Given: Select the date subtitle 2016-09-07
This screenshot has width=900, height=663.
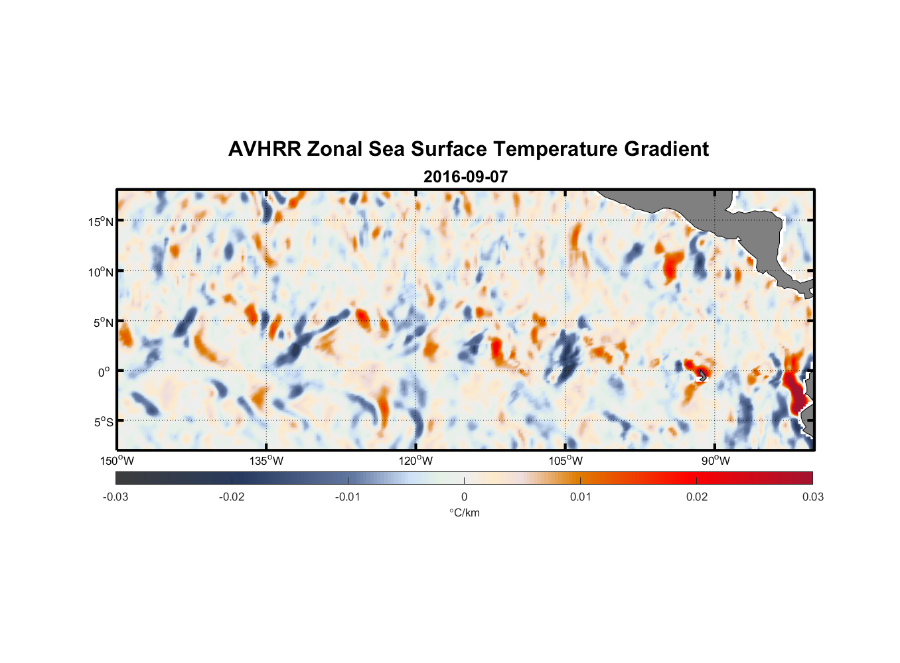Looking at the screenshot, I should click(465, 177).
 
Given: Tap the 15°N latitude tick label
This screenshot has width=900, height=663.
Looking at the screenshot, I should click(100, 221).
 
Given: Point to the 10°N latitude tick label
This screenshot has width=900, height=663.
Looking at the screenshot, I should click(100, 272).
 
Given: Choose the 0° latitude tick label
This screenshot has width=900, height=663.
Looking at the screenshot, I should click(104, 372).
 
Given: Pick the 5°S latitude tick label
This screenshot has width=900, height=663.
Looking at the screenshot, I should click(103, 422).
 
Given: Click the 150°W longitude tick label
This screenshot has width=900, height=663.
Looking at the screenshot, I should click(117, 461).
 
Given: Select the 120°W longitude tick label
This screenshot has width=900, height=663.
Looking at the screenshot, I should click(415, 461).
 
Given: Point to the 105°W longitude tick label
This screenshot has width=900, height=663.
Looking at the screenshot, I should click(565, 461).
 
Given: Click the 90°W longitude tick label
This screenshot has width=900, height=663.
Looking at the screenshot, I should click(715, 461).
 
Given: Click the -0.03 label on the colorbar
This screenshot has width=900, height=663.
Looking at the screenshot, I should click(115, 497).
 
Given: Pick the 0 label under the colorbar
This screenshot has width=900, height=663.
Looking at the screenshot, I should click(464, 497).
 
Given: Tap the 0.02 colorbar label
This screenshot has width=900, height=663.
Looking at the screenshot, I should click(696, 497).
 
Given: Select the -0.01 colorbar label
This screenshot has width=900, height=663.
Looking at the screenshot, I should click(348, 497).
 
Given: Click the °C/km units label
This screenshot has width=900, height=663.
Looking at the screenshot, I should click(464, 512).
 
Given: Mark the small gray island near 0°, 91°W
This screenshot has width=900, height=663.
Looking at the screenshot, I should click(702, 375).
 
